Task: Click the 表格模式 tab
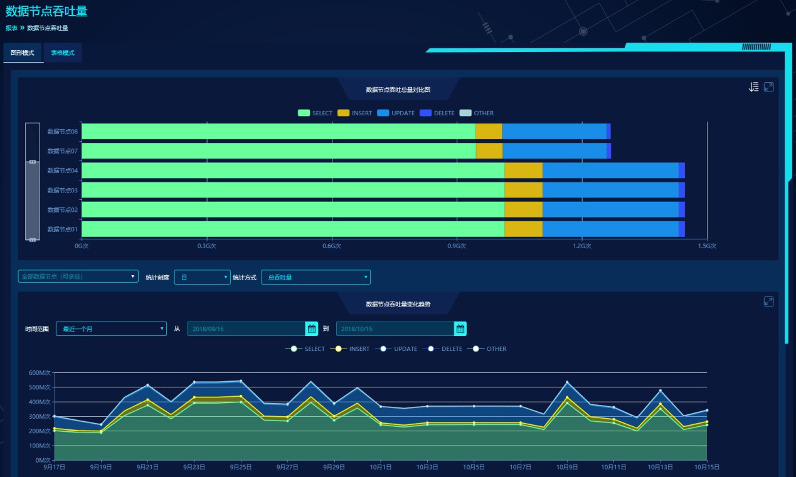pos(63,53)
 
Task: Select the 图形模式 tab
pos(23,53)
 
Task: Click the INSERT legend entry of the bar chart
pos(354,113)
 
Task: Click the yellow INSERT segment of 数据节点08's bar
pos(489,132)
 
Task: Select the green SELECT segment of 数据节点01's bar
pos(293,229)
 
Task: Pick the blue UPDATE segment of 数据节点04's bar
pos(610,170)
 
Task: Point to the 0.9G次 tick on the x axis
pos(457,246)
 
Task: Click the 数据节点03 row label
pos(62,191)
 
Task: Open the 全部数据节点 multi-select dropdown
pos(78,276)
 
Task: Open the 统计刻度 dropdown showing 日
pos(202,277)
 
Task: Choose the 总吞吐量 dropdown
pos(316,277)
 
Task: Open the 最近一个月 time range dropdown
pos(111,329)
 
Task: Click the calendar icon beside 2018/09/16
pos(312,329)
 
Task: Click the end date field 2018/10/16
pos(395,329)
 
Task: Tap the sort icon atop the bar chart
pos(754,87)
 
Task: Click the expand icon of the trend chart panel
pos(768,301)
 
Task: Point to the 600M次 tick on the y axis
pos(39,373)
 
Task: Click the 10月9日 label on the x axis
pos(567,467)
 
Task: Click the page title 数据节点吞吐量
pos(46,11)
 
